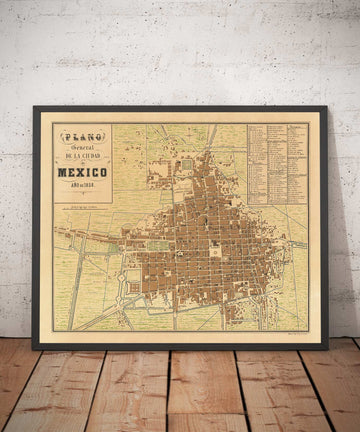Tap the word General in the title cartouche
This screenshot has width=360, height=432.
pyautogui.click(x=82, y=149)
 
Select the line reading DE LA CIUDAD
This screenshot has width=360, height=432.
pyautogui.click(x=83, y=159)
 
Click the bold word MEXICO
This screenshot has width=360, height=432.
pyautogui.click(x=83, y=173)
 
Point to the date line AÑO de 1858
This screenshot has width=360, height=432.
pyautogui.click(x=83, y=186)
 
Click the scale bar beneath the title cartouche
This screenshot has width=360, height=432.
pyautogui.click(x=83, y=208)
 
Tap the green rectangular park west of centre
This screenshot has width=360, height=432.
pyautogui.click(x=136, y=243)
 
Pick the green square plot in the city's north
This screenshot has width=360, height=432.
pyautogui.click(x=186, y=163)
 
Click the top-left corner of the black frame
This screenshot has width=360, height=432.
pyautogui.click(x=33, y=107)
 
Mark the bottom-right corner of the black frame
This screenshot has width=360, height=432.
pyautogui.click(x=327, y=347)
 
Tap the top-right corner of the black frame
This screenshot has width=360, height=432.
pyautogui.click(x=327, y=107)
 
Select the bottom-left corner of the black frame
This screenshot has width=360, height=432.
pyautogui.click(x=33, y=347)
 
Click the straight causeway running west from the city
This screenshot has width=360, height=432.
pyautogui.click(x=95, y=240)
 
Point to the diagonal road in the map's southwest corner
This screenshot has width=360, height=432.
pyautogui.click(x=76, y=305)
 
